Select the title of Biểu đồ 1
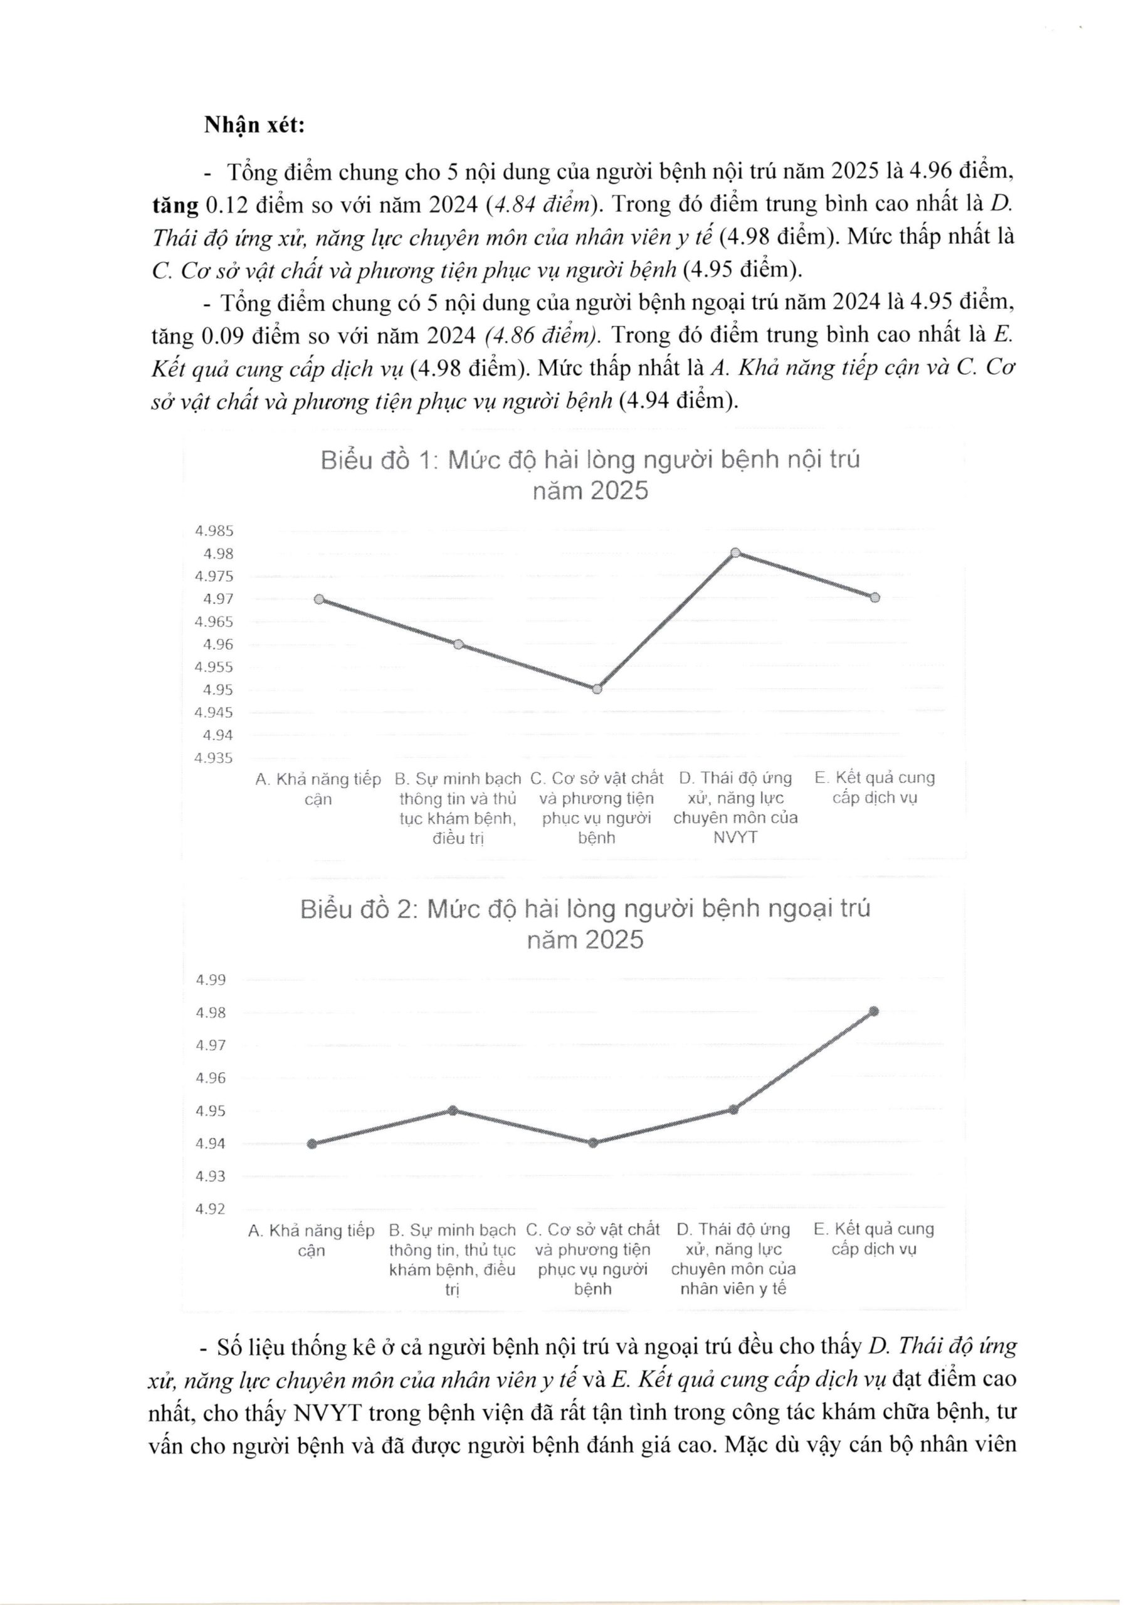(x=589, y=475)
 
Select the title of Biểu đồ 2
(x=585, y=924)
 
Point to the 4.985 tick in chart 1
(x=214, y=531)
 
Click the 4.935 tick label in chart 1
(x=214, y=759)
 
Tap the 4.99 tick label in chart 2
(x=211, y=980)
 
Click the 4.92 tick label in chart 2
(x=211, y=1209)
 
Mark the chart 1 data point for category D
(x=735, y=553)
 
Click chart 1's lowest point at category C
(x=596, y=689)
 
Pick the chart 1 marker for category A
(x=319, y=600)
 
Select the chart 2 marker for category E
(x=873, y=1011)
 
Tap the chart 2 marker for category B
(x=453, y=1111)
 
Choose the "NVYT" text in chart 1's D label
(x=735, y=838)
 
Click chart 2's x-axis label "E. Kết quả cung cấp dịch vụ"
(x=873, y=1239)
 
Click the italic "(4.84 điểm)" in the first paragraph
(x=536, y=206)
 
